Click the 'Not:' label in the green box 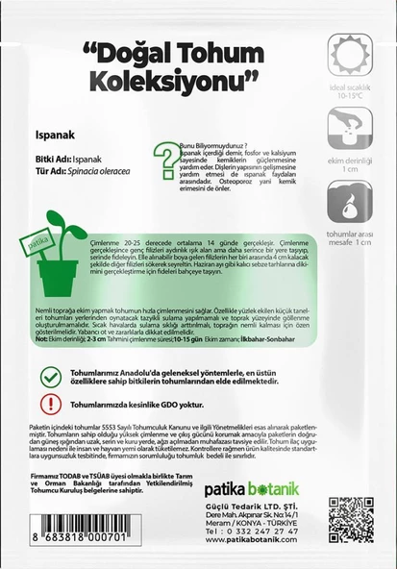(x=42, y=339)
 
